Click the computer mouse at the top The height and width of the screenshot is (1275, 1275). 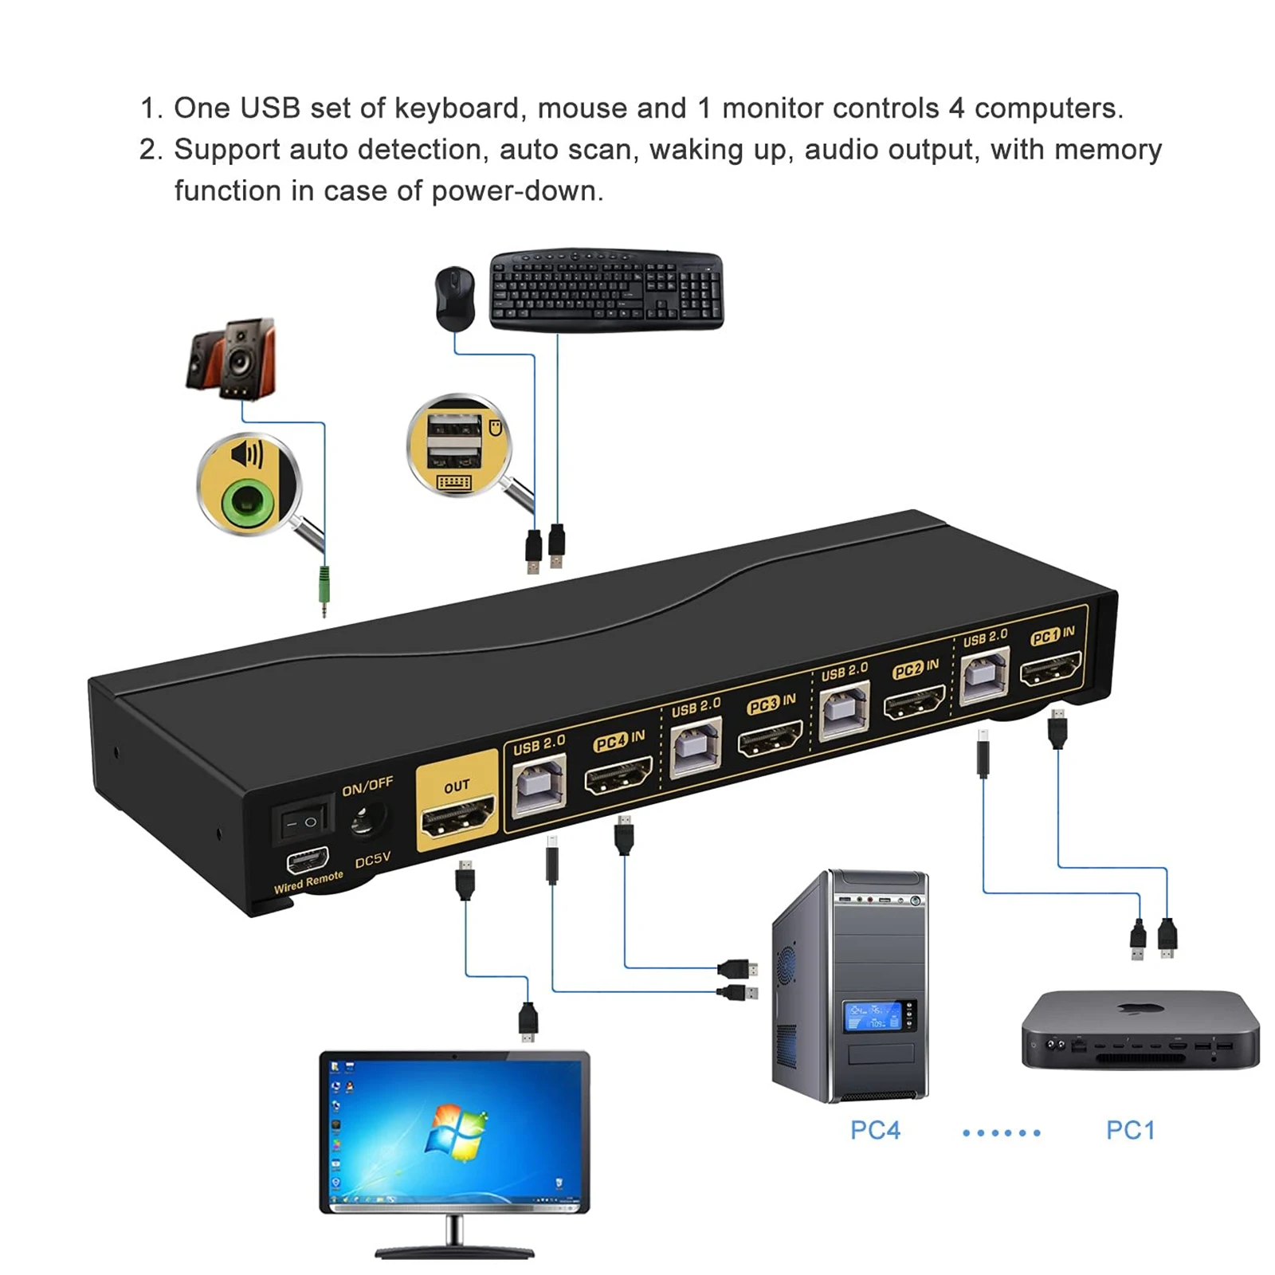[455, 298]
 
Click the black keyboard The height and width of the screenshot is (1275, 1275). [606, 288]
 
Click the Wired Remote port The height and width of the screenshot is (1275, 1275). [308, 860]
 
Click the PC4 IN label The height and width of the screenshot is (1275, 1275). [619, 740]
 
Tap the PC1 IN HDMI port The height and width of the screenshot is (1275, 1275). [1051, 668]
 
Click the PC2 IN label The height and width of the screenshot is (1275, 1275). [916, 669]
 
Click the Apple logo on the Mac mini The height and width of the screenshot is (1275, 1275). [1136, 1010]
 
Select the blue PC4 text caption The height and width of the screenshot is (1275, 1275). [875, 1130]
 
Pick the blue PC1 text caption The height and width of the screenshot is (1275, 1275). [1130, 1130]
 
